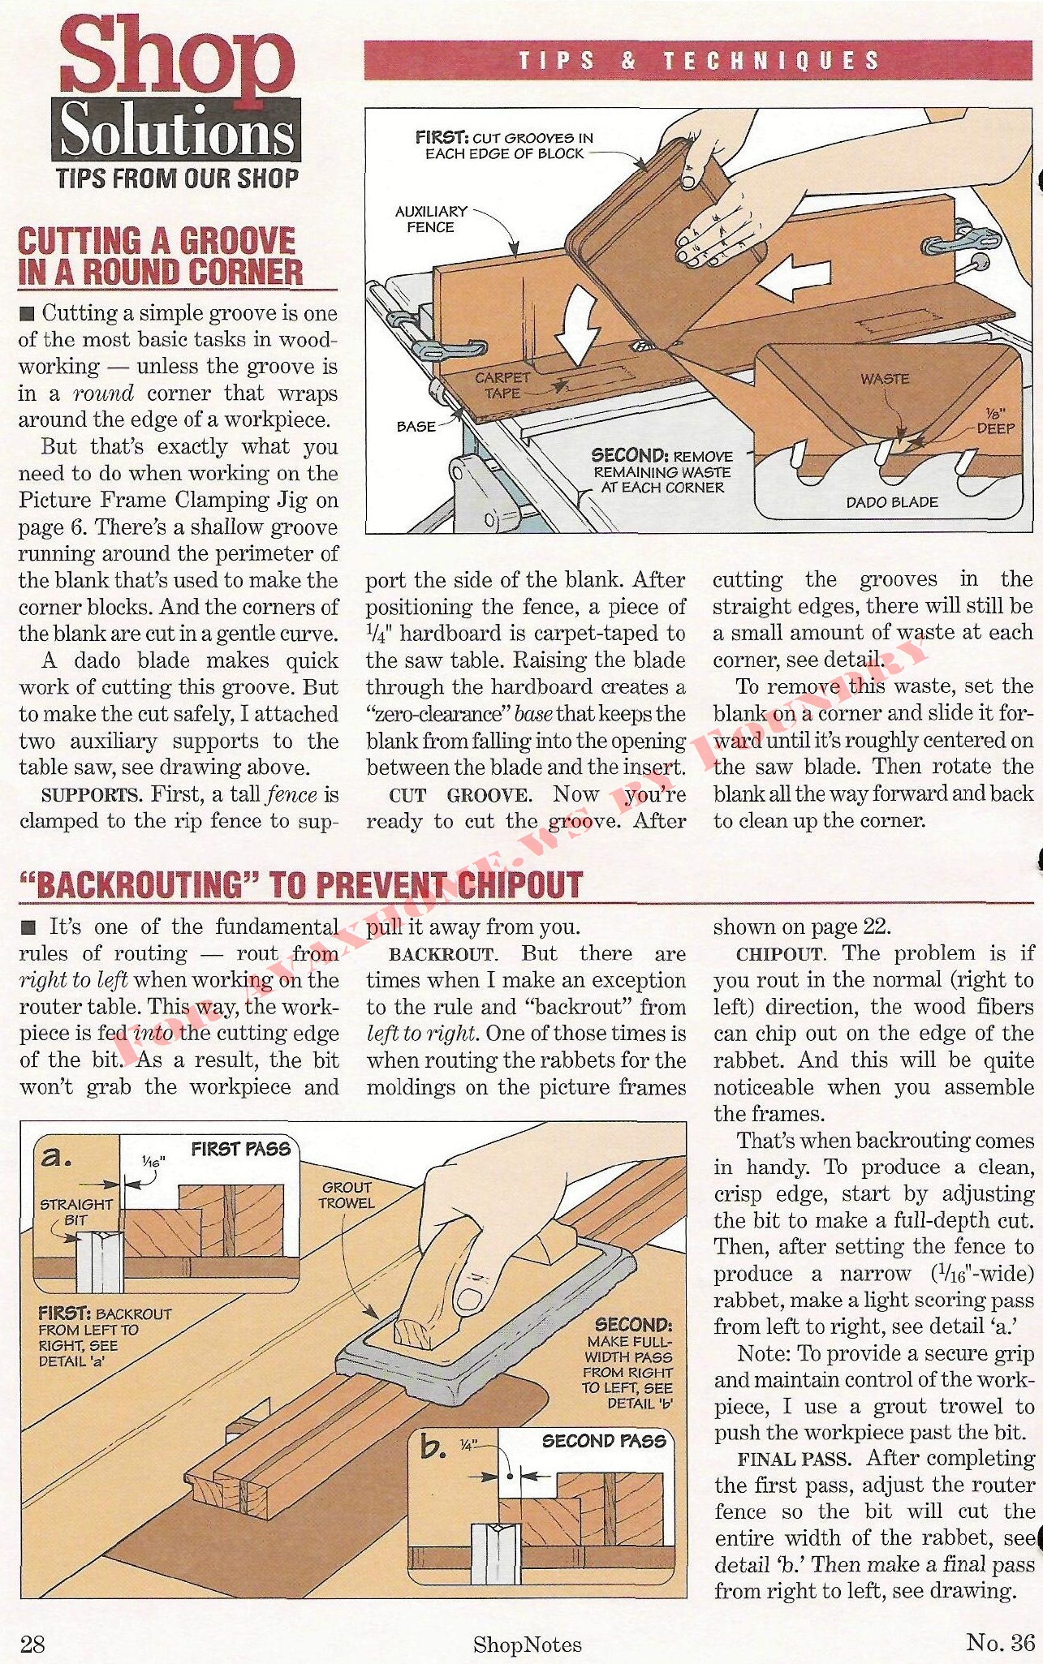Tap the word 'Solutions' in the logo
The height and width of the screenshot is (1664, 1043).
(x=176, y=132)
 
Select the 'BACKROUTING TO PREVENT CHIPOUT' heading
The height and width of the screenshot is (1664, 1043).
(x=301, y=884)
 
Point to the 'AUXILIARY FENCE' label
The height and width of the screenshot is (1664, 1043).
(x=430, y=219)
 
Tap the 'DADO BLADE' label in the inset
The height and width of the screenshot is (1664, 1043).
(x=892, y=502)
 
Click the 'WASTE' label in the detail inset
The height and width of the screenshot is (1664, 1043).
(x=885, y=378)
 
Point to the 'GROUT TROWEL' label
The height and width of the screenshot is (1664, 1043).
(x=347, y=1194)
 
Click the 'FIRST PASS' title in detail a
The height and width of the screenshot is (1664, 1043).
(x=241, y=1148)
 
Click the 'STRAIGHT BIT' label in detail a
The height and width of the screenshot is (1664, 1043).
(x=75, y=1212)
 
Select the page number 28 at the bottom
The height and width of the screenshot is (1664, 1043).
(x=32, y=1643)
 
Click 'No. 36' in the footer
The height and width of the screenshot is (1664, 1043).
(x=1000, y=1642)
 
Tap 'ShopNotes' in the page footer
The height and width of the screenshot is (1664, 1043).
(x=528, y=1645)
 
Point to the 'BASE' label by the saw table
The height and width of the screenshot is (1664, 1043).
(x=416, y=426)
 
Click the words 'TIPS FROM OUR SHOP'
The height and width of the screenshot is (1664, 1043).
(x=177, y=178)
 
